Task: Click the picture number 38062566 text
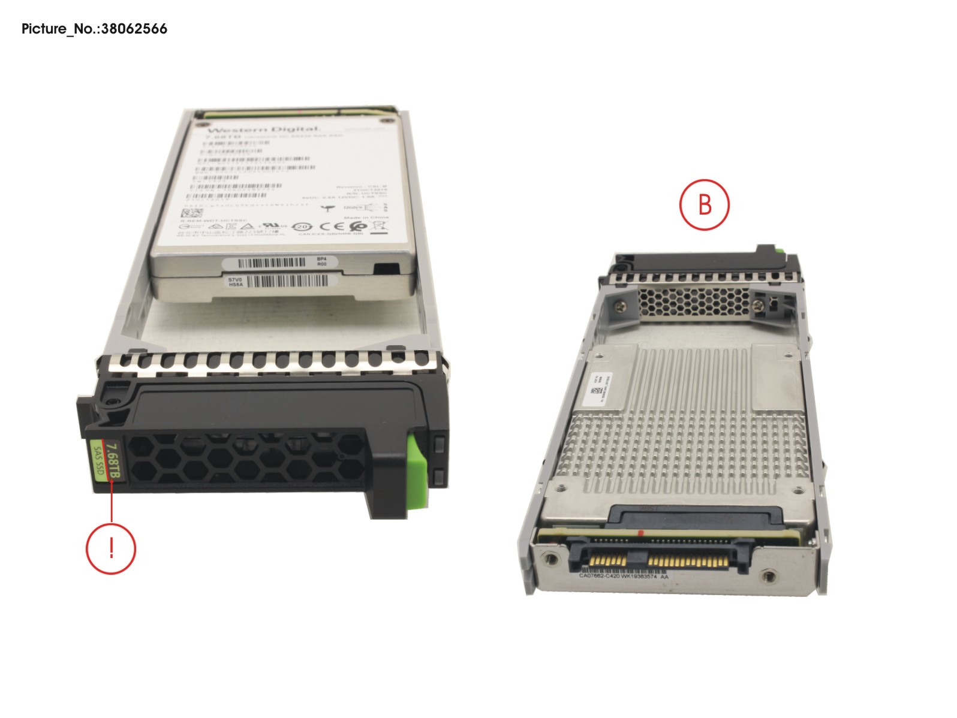[94, 29]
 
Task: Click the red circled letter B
[704, 204]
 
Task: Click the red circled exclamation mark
[111, 548]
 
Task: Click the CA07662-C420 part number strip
[623, 576]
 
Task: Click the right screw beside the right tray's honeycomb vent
[761, 305]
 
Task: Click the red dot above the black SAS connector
[642, 532]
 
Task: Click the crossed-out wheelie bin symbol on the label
[379, 226]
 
